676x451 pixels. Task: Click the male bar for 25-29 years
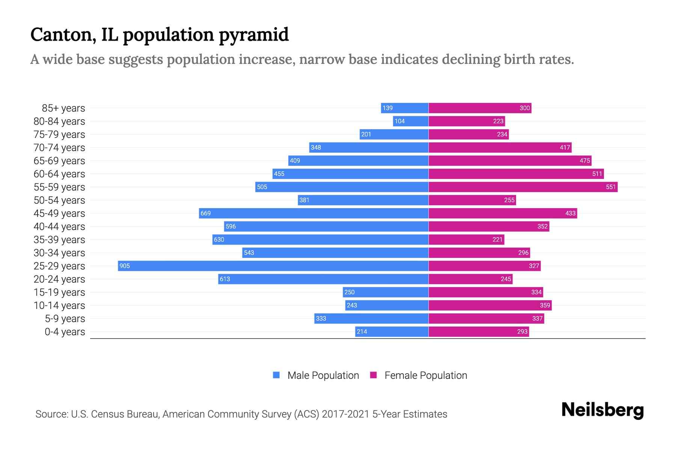pyautogui.click(x=273, y=266)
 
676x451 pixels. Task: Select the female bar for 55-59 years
pyautogui.click(x=523, y=187)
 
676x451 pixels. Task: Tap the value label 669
pyautogui.click(x=205, y=213)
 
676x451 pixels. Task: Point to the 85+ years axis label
pyautogui.click(x=63, y=108)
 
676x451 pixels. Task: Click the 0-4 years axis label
pyautogui.click(x=65, y=332)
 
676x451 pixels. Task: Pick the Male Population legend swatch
pyautogui.click(x=276, y=375)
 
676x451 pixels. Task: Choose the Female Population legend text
pyautogui.click(x=426, y=375)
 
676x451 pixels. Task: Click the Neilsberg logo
pyautogui.click(x=602, y=410)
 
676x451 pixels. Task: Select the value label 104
pyautogui.click(x=400, y=121)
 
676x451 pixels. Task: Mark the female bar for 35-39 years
pyautogui.click(x=466, y=239)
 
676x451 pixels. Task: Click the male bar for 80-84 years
pyautogui.click(x=411, y=121)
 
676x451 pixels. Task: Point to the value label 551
pyautogui.click(x=611, y=187)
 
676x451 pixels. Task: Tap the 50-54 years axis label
pyautogui.click(x=59, y=200)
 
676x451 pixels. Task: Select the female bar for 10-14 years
pyautogui.click(x=490, y=305)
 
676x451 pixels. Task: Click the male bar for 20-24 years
pyautogui.click(x=323, y=279)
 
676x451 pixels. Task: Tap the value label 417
pyautogui.click(x=565, y=147)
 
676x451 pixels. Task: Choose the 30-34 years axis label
pyautogui.click(x=59, y=253)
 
